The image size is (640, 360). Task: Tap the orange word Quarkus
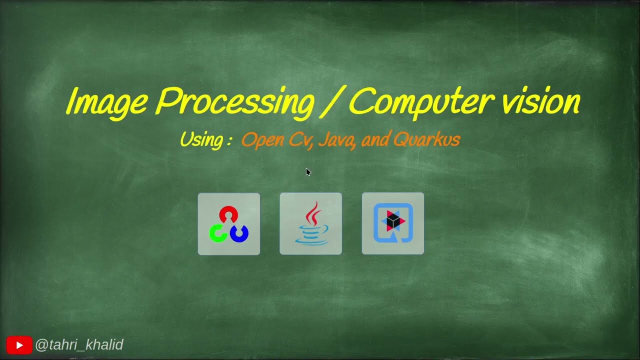(426, 139)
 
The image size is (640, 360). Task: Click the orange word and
(375, 139)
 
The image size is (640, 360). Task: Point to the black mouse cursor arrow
(308, 172)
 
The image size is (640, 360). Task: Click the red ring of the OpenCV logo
(228, 214)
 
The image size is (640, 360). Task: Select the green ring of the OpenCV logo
(218, 233)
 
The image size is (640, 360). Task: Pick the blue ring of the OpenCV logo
(239, 233)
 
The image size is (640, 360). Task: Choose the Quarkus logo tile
(392, 223)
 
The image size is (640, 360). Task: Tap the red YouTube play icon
(19, 345)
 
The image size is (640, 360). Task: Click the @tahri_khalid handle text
(79, 345)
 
